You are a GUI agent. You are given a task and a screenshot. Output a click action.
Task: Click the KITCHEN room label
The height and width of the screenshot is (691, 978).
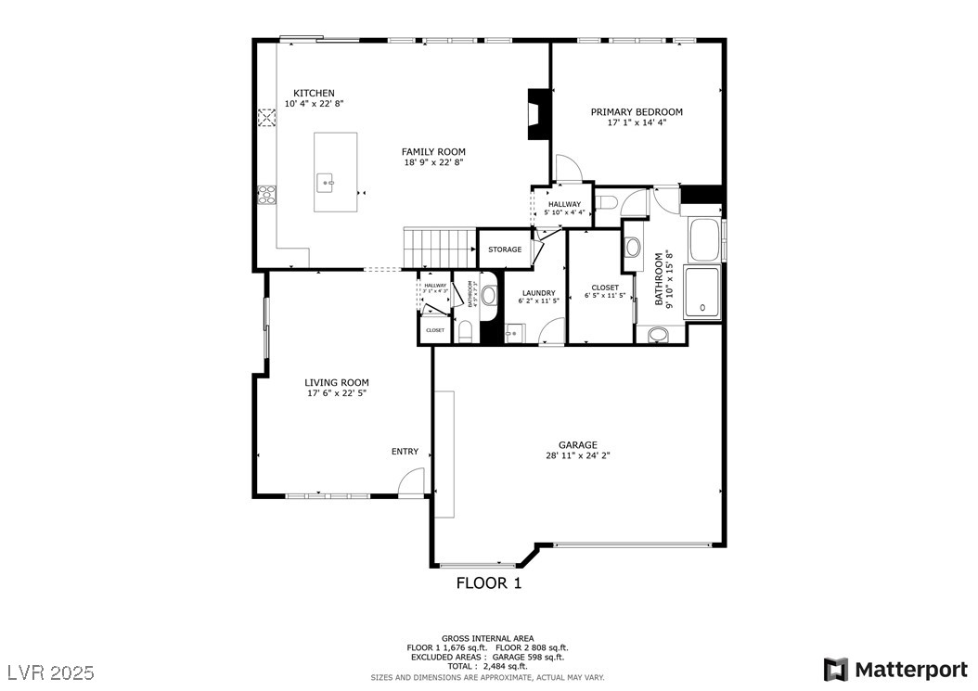(314, 93)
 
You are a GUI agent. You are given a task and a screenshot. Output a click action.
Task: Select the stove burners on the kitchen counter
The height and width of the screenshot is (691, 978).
(266, 195)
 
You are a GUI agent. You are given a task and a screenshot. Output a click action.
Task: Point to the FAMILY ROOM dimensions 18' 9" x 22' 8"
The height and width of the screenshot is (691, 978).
(433, 162)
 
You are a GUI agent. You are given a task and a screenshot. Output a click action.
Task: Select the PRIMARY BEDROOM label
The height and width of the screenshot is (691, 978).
(637, 111)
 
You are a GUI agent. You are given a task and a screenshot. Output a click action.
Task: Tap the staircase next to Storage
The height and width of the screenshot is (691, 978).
(438, 249)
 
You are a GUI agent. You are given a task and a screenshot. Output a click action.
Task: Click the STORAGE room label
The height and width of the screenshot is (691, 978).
(505, 250)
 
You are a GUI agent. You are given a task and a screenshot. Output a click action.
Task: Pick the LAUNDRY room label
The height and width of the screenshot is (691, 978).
(538, 293)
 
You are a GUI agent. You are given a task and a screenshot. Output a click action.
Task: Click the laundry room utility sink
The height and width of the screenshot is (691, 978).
(514, 332)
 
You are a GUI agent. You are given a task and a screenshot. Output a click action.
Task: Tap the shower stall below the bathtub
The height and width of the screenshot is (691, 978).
(702, 292)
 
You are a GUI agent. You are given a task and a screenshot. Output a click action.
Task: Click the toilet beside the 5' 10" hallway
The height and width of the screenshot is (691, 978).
(609, 203)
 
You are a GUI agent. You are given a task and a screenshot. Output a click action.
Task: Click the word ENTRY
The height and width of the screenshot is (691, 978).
(405, 452)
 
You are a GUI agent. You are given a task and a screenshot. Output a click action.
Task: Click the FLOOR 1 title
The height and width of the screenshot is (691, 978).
(488, 583)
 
